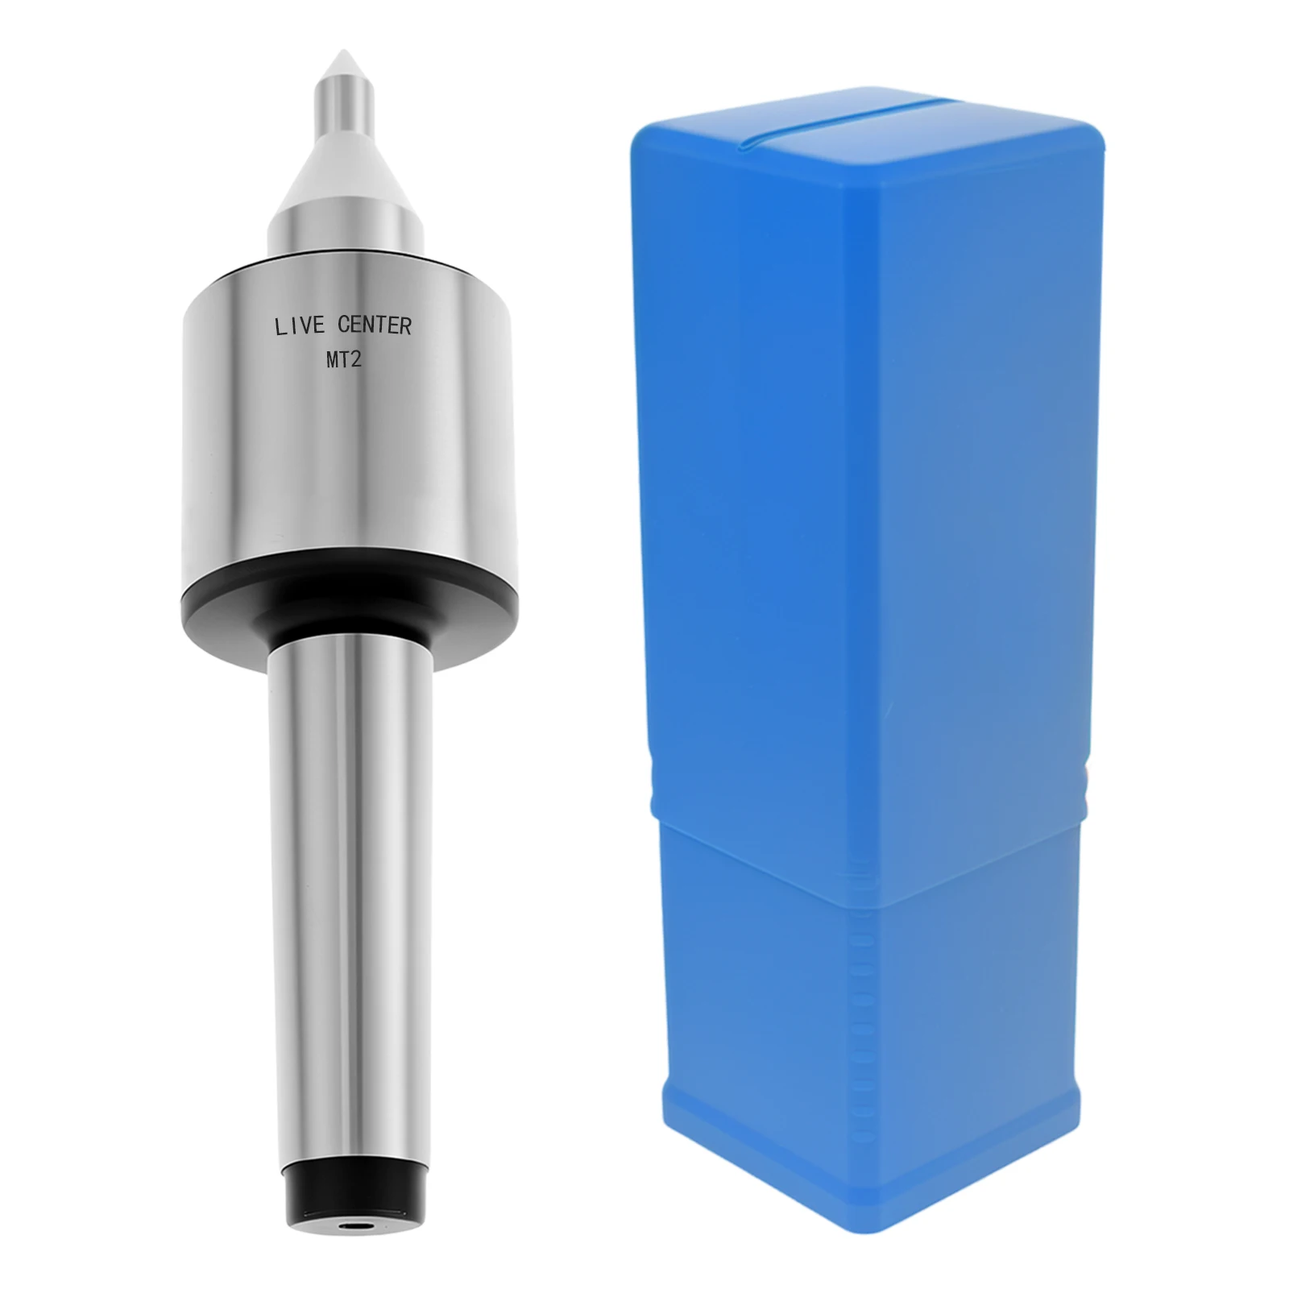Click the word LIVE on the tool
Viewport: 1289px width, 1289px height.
coord(300,326)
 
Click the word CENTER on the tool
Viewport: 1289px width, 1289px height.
coord(375,325)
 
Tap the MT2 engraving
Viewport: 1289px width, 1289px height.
coord(344,359)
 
